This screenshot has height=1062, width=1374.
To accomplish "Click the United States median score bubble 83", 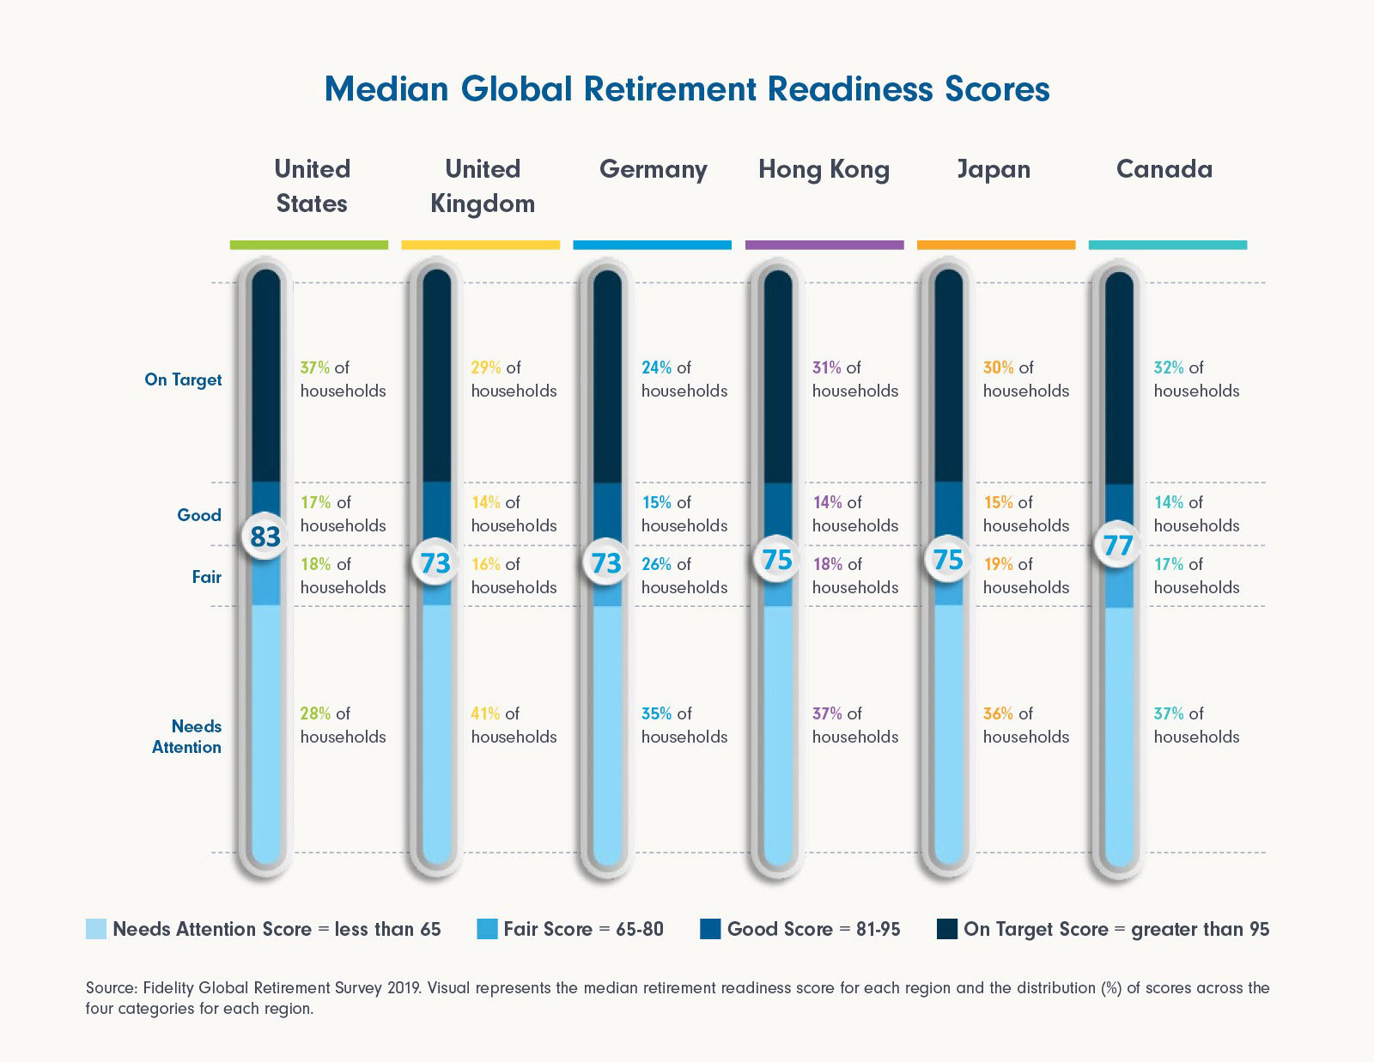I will point(265,537).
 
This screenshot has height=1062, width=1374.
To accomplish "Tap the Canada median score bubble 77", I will point(1118,545).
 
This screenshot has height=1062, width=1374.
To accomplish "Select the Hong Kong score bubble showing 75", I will point(777,560).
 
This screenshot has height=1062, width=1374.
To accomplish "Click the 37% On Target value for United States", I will point(315,367).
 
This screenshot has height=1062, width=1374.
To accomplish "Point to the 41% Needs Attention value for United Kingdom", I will point(486,713).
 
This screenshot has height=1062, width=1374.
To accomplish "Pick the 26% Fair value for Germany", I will point(657,564).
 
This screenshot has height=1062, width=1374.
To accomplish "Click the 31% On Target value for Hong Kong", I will point(827,367).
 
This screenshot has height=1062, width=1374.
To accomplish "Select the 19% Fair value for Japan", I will point(998,564).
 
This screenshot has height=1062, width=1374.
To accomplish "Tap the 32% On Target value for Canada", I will point(1169,367).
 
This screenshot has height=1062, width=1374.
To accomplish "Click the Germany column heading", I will point(653,169).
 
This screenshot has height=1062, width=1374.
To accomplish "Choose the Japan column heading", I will point(994,169).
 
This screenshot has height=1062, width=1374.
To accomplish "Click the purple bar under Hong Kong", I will point(824,246).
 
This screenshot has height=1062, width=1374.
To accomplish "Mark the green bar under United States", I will point(309,246).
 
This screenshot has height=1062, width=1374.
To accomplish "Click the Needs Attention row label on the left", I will point(188,737).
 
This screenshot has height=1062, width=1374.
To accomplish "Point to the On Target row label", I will point(183,379).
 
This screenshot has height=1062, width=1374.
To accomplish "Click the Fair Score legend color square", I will point(487,929).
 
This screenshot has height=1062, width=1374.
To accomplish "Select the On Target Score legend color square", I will point(947,929).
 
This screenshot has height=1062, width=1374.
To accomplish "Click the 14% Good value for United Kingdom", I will point(486,502).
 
